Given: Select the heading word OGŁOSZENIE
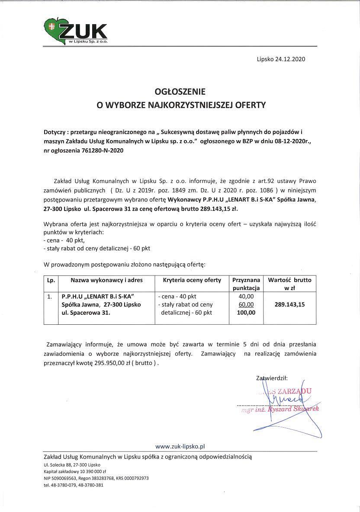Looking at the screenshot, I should click(x=180, y=92).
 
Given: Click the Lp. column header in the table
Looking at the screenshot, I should click(x=51, y=280).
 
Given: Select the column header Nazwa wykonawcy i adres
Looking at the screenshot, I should click(x=106, y=280).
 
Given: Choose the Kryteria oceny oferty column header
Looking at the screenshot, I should click(x=192, y=280).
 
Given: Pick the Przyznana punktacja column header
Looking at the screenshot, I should click(x=246, y=284).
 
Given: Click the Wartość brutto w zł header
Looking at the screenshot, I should click(x=289, y=284).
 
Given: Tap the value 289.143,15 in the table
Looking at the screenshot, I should click(x=289, y=304).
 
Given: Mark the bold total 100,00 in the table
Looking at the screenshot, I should click(x=246, y=312).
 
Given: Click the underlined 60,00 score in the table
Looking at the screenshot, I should click(x=246, y=304).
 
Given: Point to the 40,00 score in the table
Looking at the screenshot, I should click(x=246, y=297).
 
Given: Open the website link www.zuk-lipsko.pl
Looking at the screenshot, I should click(x=180, y=446).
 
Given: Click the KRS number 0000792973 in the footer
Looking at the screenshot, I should click(x=135, y=478).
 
